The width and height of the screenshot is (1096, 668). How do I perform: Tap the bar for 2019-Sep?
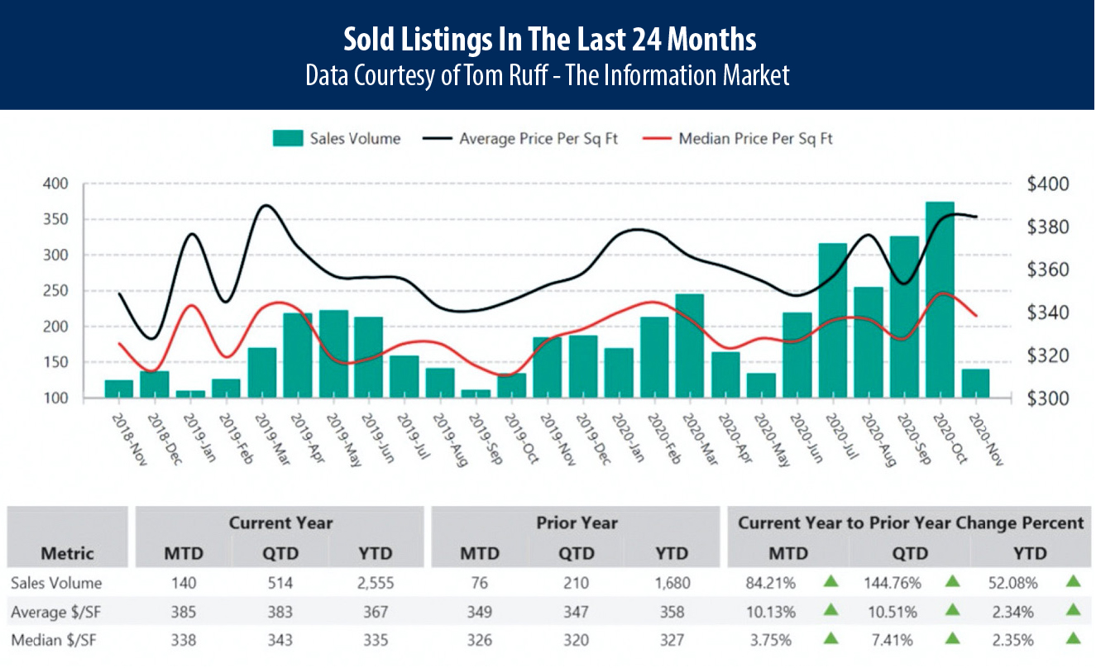pyautogui.click(x=476, y=394)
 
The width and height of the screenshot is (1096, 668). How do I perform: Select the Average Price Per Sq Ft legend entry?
pyautogui.click(x=538, y=139)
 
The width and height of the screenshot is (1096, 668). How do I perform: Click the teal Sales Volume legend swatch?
pyautogui.click(x=287, y=139)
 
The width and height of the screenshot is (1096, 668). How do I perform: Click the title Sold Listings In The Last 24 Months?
pyautogui.click(x=548, y=39)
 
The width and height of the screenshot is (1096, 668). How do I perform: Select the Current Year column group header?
pyautogui.click(x=281, y=522)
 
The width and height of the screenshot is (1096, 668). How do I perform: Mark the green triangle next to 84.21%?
pyautogui.click(x=831, y=582)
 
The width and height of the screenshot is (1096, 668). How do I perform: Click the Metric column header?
pyautogui.click(x=67, y=553)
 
